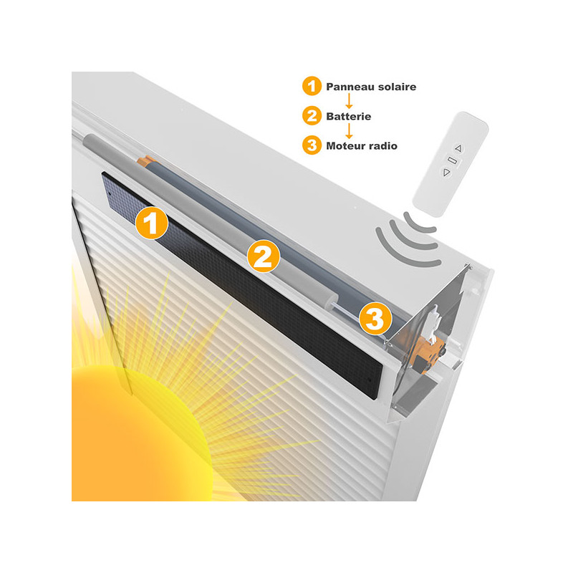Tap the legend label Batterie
tap(349, 117)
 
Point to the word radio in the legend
tap(383, 146)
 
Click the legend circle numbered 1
tap(312, 86)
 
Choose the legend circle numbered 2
tap(312, 116)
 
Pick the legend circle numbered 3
tap(312, 145)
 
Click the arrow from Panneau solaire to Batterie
tap(349, 101)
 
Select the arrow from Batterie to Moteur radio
tap(349, 130)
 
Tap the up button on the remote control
tap(458, 148)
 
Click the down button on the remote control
tap(446, 173)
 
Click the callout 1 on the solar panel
tap(151, 223)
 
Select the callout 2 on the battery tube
tap(263, 256)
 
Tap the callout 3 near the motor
tap(375, 318)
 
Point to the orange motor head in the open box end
tap(426, 354)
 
